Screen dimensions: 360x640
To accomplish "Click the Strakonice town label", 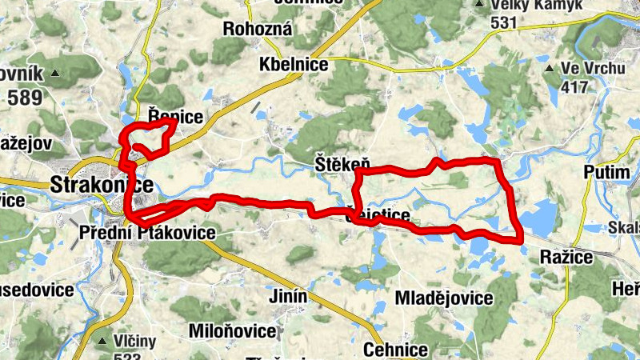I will (x=102, y=184).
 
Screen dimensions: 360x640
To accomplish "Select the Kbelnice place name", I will (x=294, y=65).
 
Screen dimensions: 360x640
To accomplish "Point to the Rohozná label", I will (x=258, y=29).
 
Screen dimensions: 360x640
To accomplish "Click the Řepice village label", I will (x=176, y=116).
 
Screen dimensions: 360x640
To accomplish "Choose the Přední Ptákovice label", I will (x=148, y=233).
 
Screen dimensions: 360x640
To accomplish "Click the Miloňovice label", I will (x=233, y=330).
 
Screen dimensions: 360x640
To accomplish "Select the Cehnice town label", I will (x=395, y=350).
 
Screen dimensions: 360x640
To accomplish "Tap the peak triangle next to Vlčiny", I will (x=101, y=340).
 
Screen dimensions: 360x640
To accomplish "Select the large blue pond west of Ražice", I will (x=541, y=215).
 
